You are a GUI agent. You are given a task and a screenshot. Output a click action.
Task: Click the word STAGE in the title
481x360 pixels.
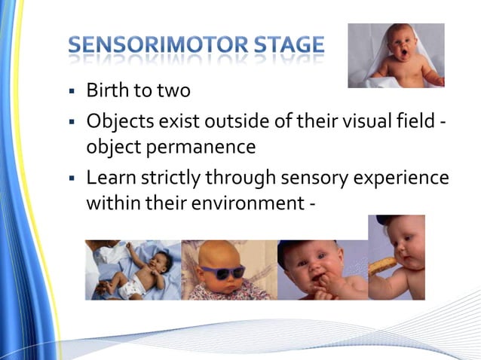tap(286, 44)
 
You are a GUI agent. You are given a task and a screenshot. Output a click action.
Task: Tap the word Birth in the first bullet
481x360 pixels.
tap(108, 91)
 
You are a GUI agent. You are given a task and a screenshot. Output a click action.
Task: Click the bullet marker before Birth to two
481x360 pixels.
tap(72, 92)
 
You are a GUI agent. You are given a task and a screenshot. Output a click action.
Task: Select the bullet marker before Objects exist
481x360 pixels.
tap(72, 121)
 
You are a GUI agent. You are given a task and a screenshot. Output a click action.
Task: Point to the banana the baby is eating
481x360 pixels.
tap(383, 265)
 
